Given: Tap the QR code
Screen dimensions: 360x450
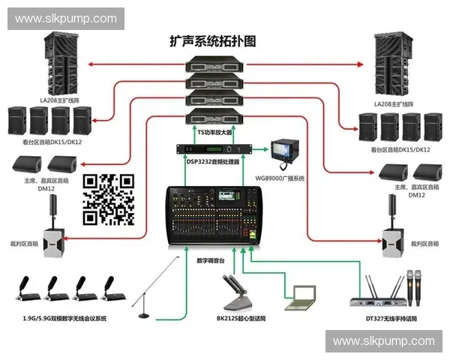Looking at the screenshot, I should (107, 199).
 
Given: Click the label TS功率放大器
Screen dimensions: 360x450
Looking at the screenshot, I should (217, 130).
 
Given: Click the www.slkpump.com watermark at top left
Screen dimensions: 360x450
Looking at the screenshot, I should (66, 18).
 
